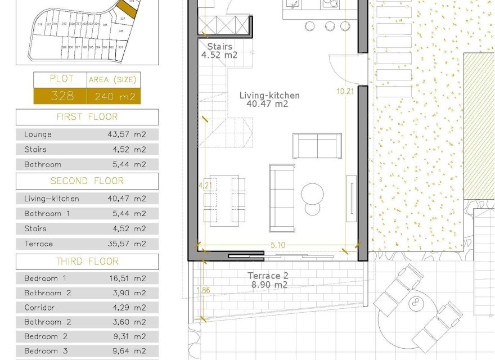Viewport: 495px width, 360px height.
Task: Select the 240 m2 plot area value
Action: pyautogui.click(x=114, y=96)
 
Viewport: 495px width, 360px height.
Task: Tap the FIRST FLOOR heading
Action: pyautogui.click(x=87, y=117)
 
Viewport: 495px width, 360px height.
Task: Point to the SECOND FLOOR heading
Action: pyautogui.click(x=87, y=181)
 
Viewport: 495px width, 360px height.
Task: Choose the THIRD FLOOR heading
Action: pyautogui.click(x=87, y=262)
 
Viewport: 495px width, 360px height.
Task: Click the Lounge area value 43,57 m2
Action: pyautogui.click(x=127, y=134)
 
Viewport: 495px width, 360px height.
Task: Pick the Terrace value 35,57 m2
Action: pyautogui.click(x=127, y=244)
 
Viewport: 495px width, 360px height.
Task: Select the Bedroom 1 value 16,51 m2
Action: pyautogui.click(x=127, y=278)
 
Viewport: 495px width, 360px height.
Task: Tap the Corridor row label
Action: pyautogui.click(x=39, y=308)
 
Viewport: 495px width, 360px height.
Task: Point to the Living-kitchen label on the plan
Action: pyautogui.click(x=269, y=96)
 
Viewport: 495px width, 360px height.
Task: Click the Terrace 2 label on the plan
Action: pyautogui.click(x=268, y=276)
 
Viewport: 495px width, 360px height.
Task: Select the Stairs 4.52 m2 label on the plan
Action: pyautogui.click(x=219, y=51)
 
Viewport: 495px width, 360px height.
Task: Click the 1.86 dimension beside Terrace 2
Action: pyautogui.click(x=203, y=290)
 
